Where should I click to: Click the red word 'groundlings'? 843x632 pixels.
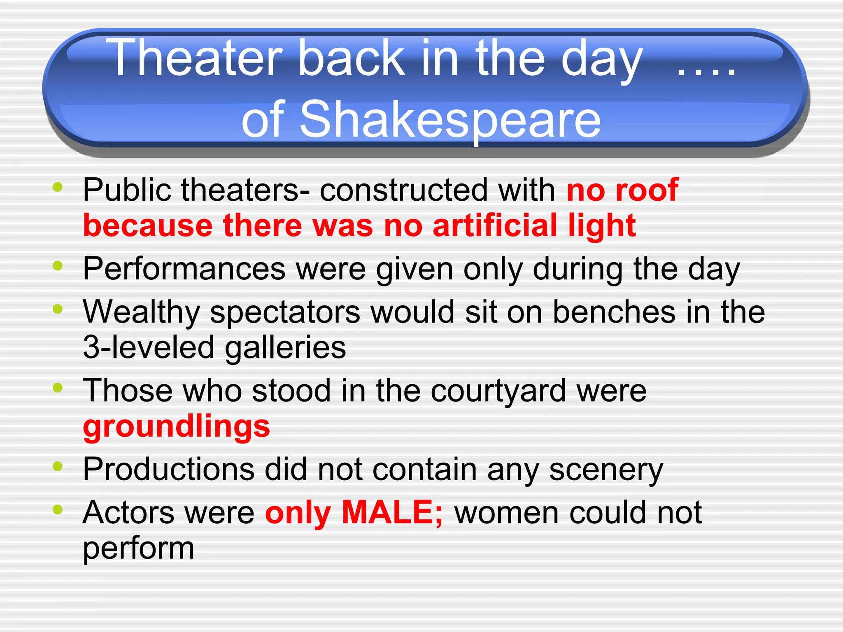(176, 427)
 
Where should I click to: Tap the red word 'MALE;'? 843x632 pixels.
(392, 512)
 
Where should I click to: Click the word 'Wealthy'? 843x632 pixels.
(141, 312)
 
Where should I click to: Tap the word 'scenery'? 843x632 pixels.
(606, 470)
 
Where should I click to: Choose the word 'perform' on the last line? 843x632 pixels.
(138, 548)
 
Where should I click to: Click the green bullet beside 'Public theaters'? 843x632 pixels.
(58, 187)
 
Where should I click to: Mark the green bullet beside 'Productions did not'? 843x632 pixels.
(58, 466)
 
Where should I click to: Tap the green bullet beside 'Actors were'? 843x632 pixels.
(58, 509)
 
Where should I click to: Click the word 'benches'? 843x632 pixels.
(614, 312)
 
